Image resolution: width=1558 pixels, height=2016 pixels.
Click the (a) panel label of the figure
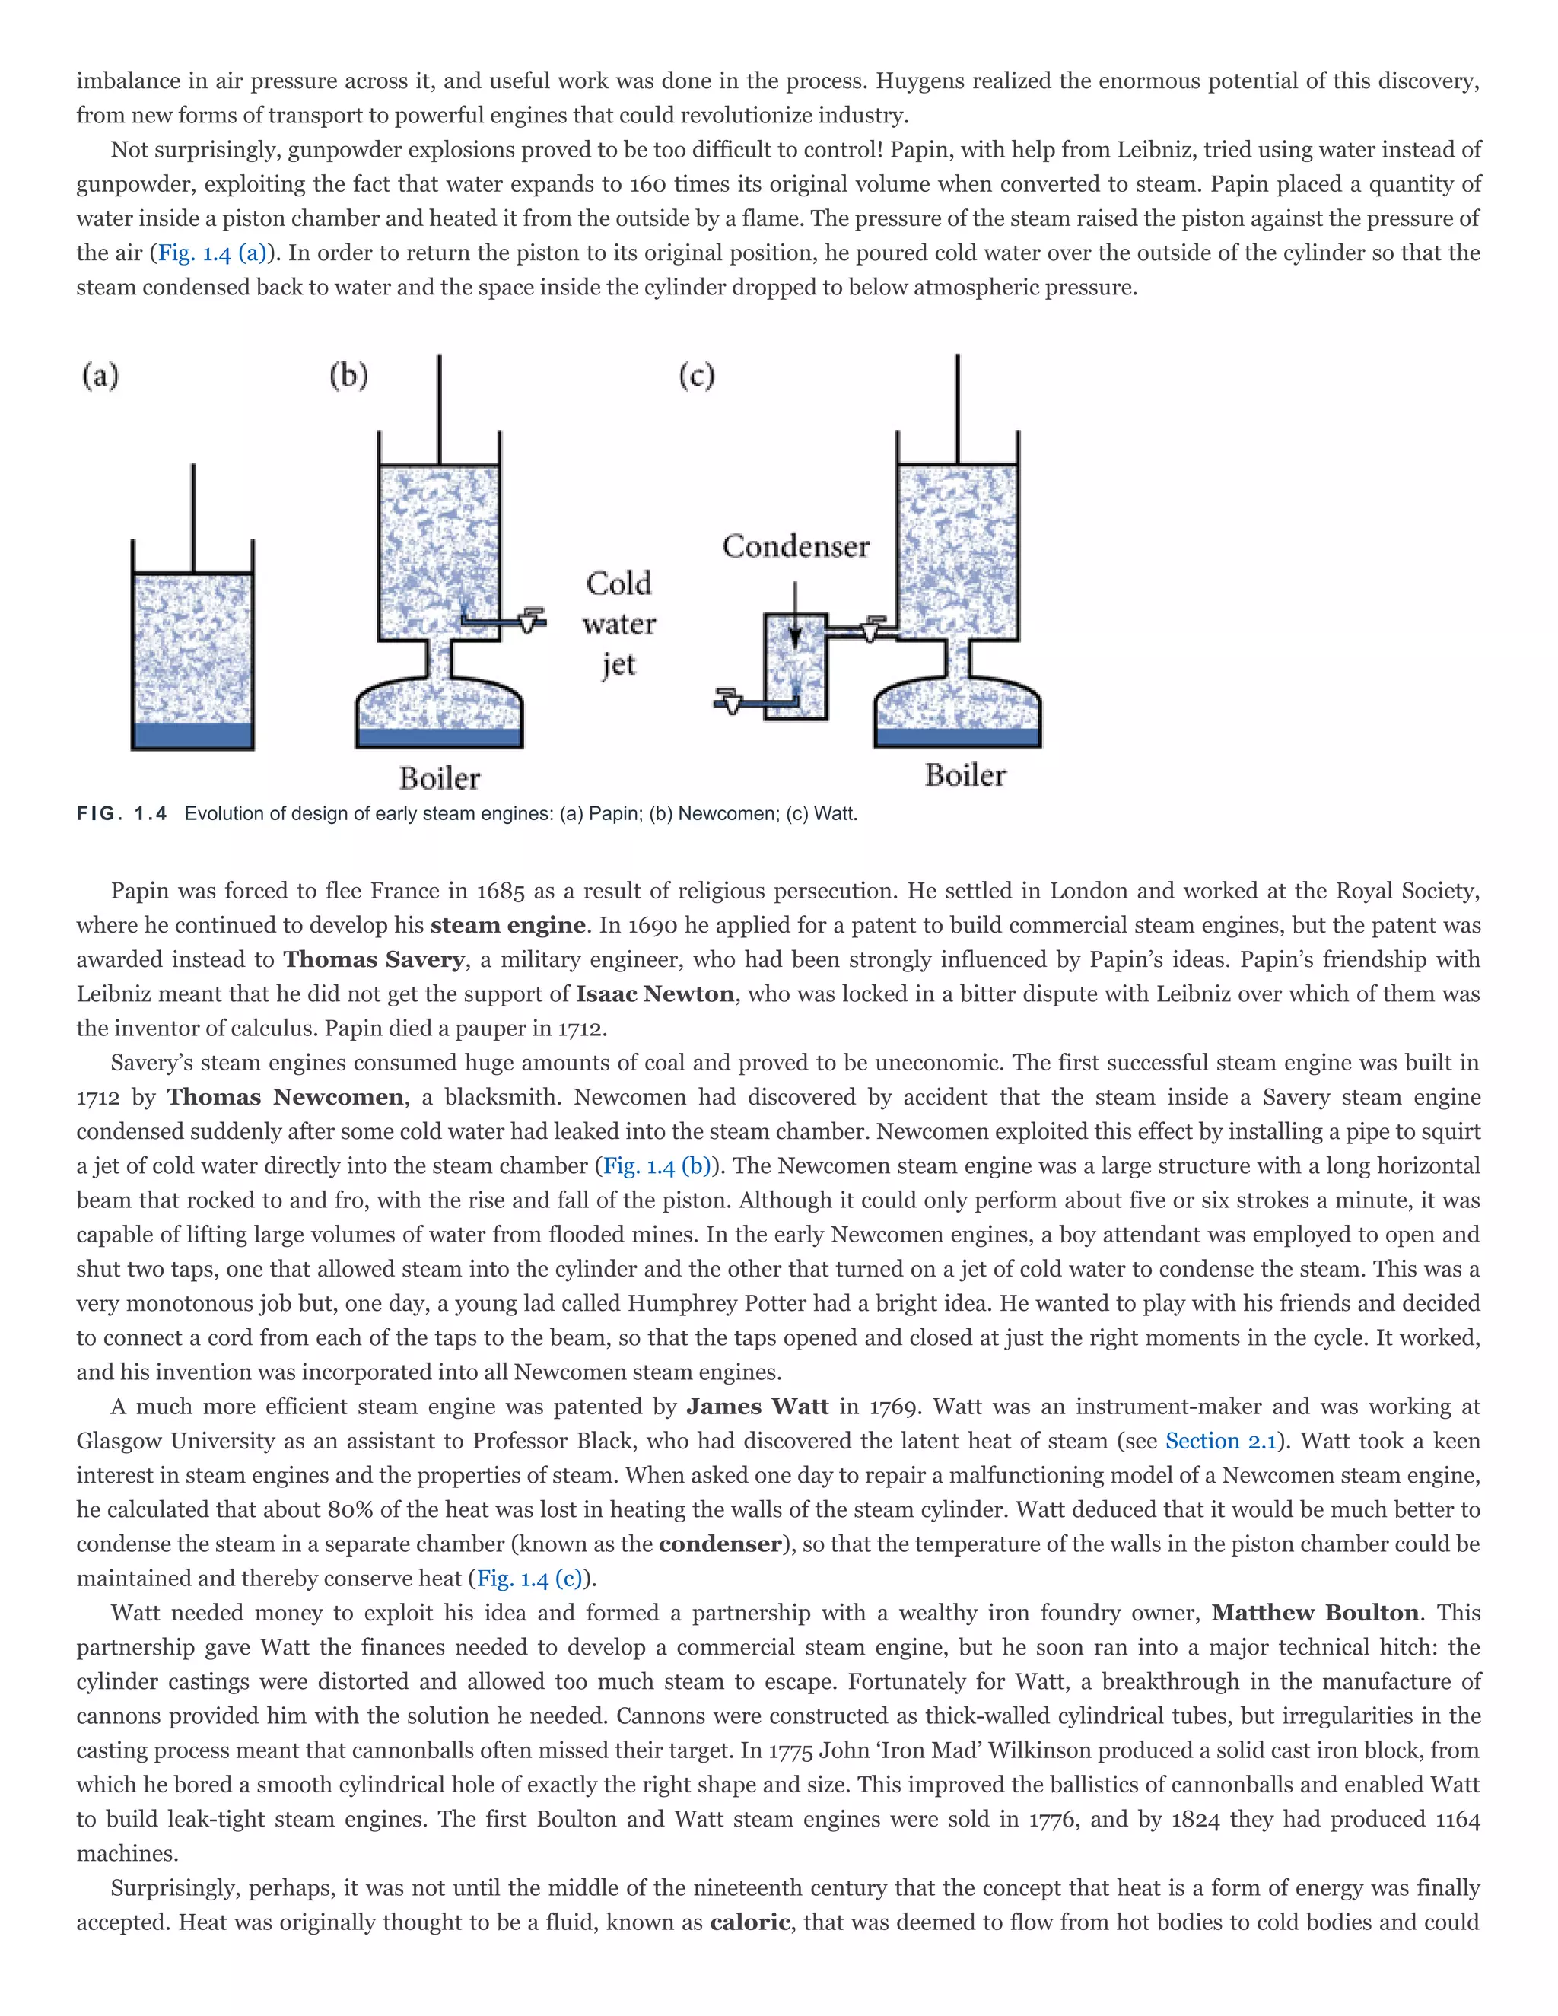[100, 376]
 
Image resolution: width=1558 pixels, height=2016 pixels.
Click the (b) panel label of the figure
[349, 376]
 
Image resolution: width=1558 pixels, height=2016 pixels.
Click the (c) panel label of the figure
[697, 376]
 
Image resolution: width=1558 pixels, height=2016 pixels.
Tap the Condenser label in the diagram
[796, 546]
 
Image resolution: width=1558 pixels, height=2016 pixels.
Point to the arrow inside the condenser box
[795, 618]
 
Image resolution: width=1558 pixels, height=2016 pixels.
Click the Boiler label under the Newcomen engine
[440, 778]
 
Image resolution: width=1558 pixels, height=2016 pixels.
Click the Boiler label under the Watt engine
[965, 775]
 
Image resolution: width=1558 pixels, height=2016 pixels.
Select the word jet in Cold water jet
[618, 665]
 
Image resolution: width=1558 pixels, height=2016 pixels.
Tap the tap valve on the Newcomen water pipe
[529, 620]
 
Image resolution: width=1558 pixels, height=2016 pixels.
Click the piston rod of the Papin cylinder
[193, 517]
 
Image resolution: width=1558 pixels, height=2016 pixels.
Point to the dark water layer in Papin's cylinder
[193, 735]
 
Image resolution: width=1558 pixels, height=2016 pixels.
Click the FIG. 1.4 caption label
[122, 813]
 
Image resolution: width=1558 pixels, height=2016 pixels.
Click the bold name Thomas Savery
[374, 959]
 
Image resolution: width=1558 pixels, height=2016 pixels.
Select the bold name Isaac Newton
[655, 994]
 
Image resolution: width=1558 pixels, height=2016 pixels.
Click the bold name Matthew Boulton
[1315, 1613]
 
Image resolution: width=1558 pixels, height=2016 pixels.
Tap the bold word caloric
[749, 1922]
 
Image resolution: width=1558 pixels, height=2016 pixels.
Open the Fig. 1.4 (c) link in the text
[529, 1579]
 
